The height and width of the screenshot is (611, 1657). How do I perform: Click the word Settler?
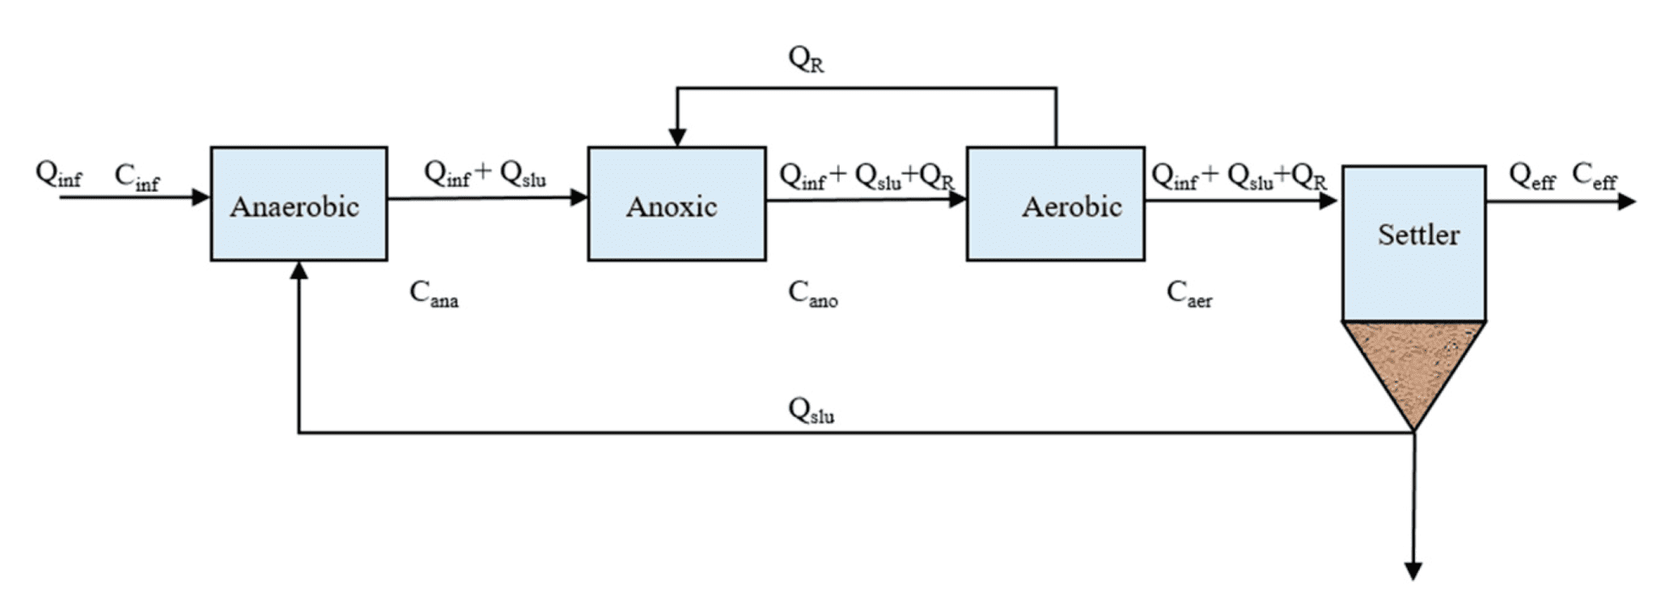[x=1418, y=235]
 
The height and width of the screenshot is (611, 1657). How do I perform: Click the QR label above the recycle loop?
[x=806, y=59]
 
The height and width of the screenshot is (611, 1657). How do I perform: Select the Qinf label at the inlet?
[x=58, y=175]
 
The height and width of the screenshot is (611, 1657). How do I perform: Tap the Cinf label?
[x=137, y=176]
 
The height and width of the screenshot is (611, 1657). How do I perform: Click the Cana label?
[x=434, y=294]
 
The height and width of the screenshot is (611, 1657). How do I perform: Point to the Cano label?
[x=812, y=294]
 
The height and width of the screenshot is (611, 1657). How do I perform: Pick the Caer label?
[x=1189, y=294]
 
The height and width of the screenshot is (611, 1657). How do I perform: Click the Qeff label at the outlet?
[x=1532, y=176]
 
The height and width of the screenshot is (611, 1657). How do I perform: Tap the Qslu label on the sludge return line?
[x=811, y=410]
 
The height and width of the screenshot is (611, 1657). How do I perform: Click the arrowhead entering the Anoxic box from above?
[x=677, y=137]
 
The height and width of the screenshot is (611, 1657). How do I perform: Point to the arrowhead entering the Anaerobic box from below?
[x=299, y=270]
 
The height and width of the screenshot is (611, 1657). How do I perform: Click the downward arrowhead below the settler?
[x=1413, y=571]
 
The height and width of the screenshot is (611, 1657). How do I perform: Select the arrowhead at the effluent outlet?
[x=1626, y=201]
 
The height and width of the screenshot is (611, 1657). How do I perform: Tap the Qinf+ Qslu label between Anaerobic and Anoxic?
[x=485, y=174]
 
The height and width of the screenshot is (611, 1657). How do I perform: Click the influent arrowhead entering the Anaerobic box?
[x=201, y=197]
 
